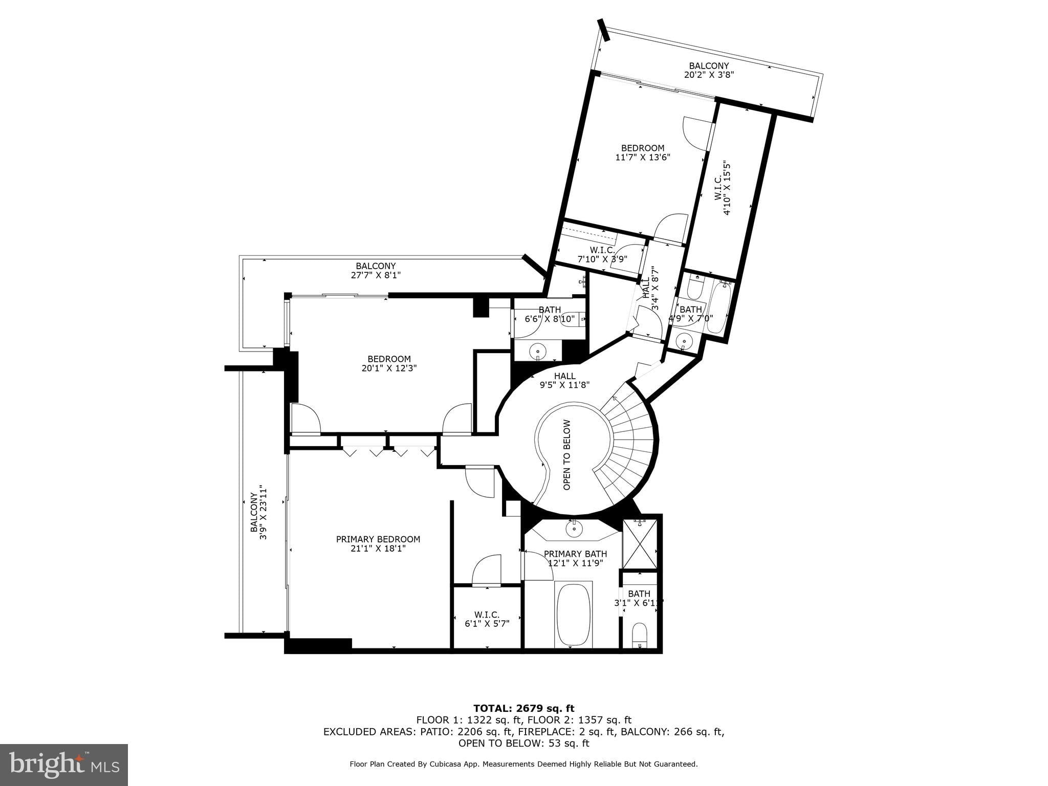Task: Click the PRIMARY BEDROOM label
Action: tap(378, 539)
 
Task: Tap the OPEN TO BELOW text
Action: tap(567, 455)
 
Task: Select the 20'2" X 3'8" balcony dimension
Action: tap(709, 75)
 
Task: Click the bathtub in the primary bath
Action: tap(574, 615)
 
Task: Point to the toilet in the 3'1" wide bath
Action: tap(640, 635)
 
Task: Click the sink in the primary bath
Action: tap(574, 529)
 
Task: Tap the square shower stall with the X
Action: tap(640, 543)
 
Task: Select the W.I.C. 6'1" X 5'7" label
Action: tap(487, 619)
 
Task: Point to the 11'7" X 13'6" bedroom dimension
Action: tap(643, 158)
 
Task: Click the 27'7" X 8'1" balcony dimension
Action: tap(376, 275)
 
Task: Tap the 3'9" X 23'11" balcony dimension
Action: tap(263, 512)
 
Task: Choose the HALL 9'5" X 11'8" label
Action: tap(565, 381)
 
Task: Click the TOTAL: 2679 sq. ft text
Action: tap(524, 709)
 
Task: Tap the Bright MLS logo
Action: tap(64, 765)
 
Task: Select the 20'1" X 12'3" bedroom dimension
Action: tap(389, 368)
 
